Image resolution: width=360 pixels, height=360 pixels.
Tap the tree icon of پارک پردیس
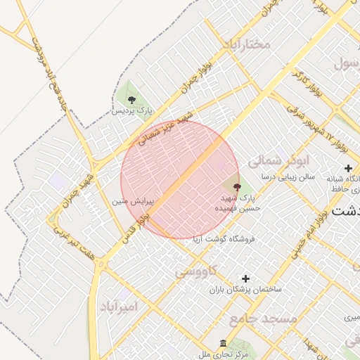(x=131, y=99)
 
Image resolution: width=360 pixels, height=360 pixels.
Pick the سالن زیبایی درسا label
(x=288, y=176)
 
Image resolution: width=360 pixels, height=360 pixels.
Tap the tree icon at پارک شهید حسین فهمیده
(x=236, y=187)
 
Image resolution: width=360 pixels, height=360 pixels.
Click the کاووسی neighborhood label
(x=198, y=270)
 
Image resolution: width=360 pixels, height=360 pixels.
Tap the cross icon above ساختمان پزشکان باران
(x=245, y=278)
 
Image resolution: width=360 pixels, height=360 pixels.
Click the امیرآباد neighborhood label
(x=122, y=307)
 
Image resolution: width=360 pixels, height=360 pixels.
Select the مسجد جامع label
(x=262, y=319)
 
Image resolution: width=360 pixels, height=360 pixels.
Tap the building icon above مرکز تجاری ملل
(x=223, y=343)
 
